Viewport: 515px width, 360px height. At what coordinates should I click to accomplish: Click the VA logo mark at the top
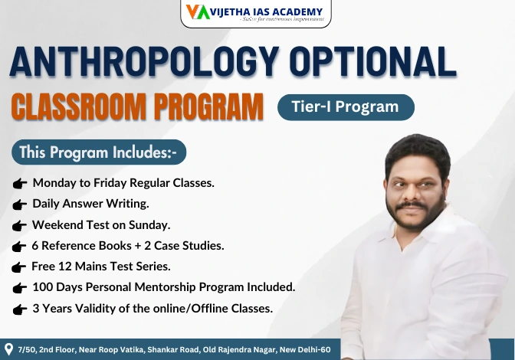pos(196,11)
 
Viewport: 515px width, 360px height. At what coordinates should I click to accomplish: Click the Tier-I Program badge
pos(345,107)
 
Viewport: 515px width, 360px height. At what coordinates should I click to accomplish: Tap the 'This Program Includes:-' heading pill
pos(99,152)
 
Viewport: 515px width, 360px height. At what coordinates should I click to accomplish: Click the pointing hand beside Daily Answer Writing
pos(21,205)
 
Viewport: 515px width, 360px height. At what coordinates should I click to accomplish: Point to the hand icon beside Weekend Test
pos(21,226)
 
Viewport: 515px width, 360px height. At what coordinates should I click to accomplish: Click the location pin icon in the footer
pos(9,349)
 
